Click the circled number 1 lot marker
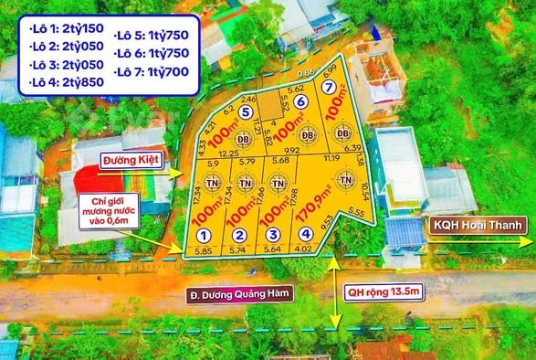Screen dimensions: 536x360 203,236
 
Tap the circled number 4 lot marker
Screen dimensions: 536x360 305,235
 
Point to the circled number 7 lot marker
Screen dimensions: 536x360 327,87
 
